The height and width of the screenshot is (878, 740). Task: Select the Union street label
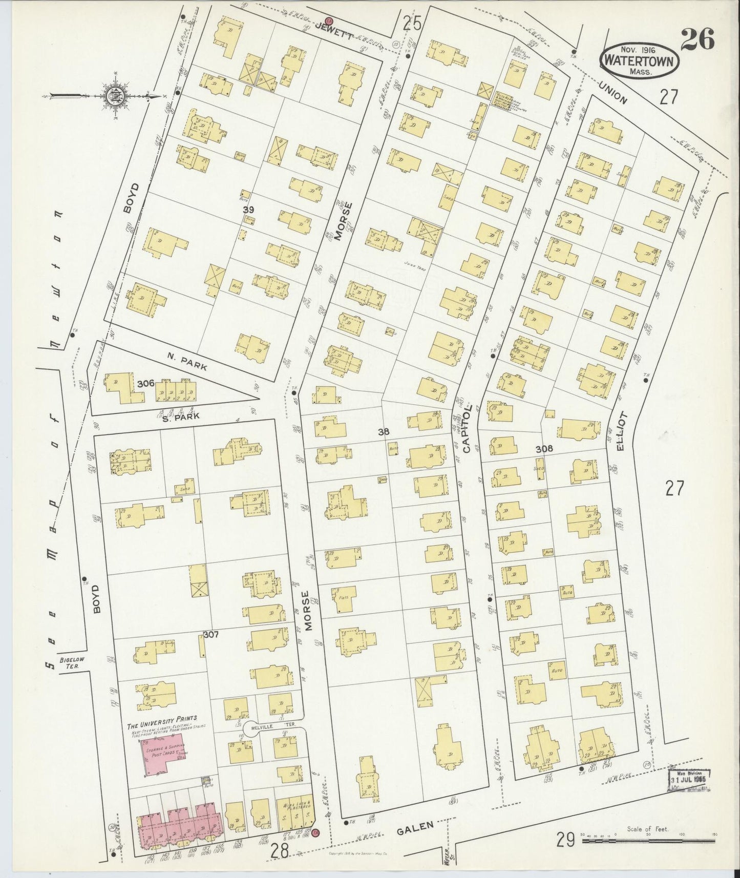[611, 94]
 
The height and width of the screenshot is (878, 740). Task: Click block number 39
[249, 210]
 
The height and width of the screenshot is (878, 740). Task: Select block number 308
[544, 449]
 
